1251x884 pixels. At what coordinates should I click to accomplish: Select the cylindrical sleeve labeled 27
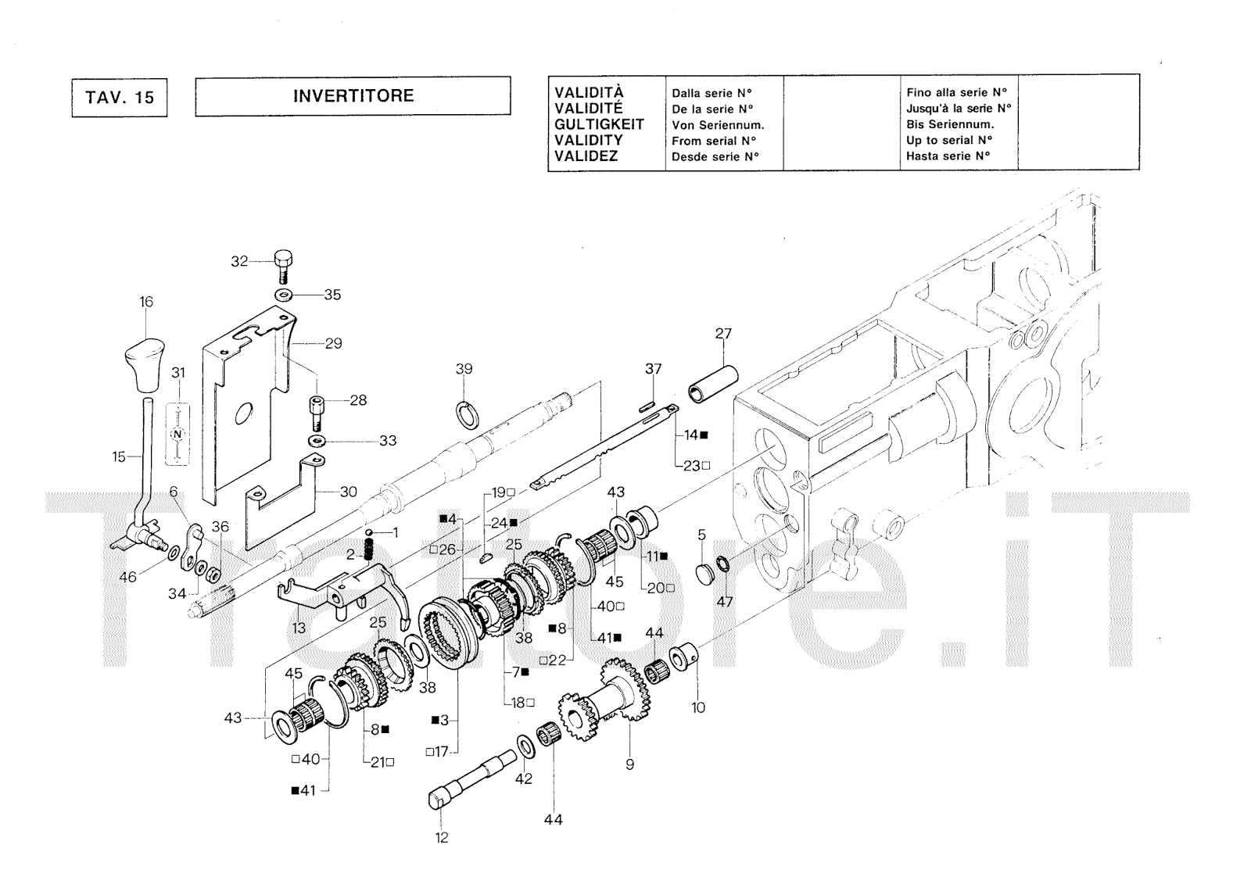(x=712, y=385)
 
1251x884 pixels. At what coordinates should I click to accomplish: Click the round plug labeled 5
(x=704, y=574)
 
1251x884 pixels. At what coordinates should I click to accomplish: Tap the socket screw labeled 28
(x=317, y=412)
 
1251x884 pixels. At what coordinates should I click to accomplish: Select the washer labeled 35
(x=285, y=295)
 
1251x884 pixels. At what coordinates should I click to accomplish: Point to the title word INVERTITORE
(x=353, y=95)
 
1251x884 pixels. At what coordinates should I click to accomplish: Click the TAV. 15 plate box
(x=120, y=98)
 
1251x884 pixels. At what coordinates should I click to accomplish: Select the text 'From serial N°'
(x=714, y=141)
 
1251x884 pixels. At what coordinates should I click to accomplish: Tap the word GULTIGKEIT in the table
(x=599, y=124)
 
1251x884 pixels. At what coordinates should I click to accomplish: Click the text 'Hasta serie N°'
(x=948, y=156)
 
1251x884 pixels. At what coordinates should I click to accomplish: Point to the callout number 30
(x=349, y=492)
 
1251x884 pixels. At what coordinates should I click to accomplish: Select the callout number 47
(x=724, y=601)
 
